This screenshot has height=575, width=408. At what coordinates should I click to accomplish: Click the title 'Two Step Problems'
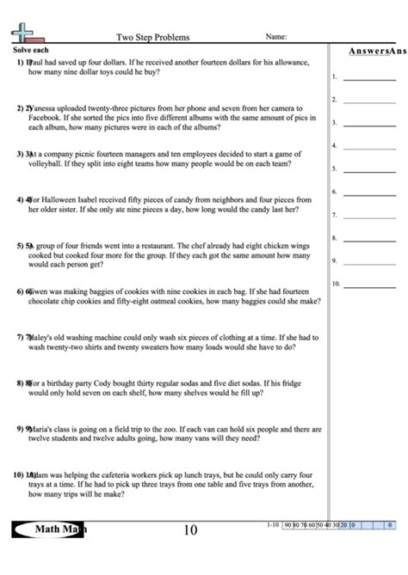[152, 37]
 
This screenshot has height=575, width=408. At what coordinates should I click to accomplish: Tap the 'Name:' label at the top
[276, 37]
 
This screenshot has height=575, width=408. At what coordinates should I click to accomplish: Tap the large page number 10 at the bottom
[190, 530]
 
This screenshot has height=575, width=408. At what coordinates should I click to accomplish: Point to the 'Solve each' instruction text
[30, 51]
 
